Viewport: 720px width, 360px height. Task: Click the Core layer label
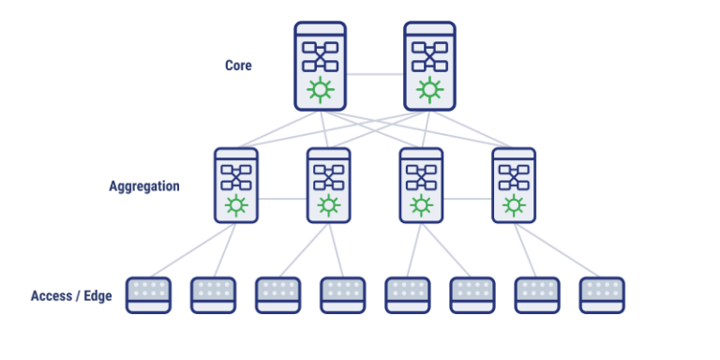(238, 66)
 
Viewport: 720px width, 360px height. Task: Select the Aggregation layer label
(143, 186)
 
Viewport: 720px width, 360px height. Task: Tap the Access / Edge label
(71, 296)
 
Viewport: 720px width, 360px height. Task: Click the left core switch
(321, 66)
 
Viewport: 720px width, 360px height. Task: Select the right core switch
(429, 66)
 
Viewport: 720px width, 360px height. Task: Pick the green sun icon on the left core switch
(321, 90)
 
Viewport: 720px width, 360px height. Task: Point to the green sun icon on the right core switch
(429, 90)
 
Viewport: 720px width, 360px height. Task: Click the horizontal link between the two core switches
(375, 73)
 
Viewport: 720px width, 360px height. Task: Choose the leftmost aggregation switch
(235, 186)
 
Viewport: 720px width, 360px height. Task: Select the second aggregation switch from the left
(328, 186)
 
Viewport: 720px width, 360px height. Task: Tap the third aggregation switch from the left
(421, 186)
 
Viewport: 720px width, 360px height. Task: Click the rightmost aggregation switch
(514, 186)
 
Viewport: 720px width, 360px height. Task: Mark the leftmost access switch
(148, 294)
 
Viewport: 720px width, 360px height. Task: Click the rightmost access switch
(602, 294)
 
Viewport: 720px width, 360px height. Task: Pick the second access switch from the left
(213, 294)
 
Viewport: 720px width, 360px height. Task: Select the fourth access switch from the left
(342, 294)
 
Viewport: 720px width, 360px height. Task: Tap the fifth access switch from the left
(408, 294)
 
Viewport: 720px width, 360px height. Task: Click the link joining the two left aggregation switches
(282, 199)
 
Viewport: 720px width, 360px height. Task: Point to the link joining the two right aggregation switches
(468, 199)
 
